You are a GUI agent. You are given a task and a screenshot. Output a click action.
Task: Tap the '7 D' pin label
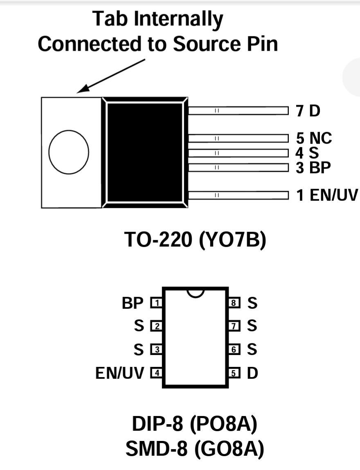click(308, 111)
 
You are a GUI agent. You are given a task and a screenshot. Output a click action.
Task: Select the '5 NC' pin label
click(314, 138)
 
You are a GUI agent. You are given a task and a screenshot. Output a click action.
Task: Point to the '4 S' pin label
click(307, 153)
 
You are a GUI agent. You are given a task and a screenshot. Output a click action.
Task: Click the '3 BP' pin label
click(313, 168)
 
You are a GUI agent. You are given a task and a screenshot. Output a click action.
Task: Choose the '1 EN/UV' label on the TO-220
click(327, 195)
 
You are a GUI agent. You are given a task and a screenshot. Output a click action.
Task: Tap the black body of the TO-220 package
click(145, 152)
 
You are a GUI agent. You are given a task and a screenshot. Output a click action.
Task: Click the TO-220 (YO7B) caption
click(195, 239)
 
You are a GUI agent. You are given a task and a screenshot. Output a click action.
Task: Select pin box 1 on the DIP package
click(156, 303)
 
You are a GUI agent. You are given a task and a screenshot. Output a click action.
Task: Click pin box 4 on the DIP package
click(156, 373)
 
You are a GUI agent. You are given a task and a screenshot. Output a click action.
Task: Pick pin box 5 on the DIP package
click(234, 373)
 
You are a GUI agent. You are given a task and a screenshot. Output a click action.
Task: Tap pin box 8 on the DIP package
click(234, 303)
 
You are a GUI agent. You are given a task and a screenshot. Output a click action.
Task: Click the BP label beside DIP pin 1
click(133, 303)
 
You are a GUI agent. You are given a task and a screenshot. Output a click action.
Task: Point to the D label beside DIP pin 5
click(252, 373)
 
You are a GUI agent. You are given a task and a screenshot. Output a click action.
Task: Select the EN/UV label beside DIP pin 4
click(120, 373)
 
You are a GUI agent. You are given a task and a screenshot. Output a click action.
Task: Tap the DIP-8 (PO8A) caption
click(195, 424)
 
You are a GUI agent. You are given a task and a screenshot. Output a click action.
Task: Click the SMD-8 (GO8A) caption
click(195, 449)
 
